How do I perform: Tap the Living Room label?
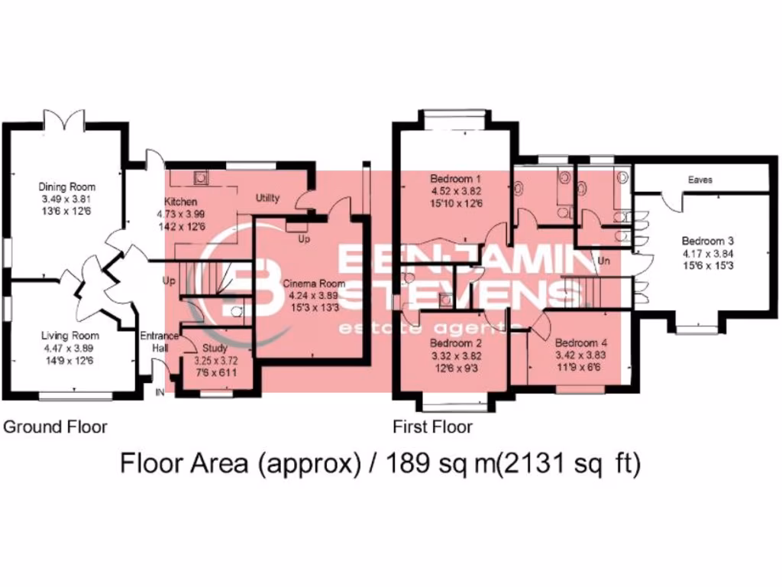(x=70, y=336)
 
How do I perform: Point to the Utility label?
(x=267, y=198)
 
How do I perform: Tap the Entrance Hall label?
(x=159, y=342)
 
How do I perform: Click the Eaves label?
(x=700, y=180)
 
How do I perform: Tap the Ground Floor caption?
(x=56, y=426)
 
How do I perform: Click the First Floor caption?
(x=432, y=426)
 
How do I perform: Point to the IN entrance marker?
(x=160, y=392)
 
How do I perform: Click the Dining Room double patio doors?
(x=63, y=120)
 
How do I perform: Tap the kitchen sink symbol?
(x=202, y=177)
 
